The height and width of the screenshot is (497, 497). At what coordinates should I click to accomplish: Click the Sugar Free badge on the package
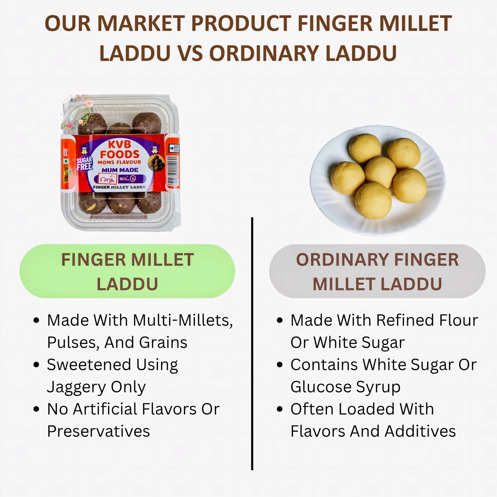click(85, 164)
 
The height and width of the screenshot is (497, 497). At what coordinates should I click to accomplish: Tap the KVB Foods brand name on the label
click(120, 150)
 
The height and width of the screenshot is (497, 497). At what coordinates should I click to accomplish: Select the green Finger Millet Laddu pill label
click(127, 271)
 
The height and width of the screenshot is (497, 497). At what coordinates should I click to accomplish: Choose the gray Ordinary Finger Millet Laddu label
click(377, 271)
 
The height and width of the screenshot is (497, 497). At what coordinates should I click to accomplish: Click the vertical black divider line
click(252, 344)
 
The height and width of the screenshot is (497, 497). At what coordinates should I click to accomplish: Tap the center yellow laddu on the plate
click(381, 172)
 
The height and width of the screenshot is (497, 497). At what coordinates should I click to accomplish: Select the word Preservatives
click(98, 431)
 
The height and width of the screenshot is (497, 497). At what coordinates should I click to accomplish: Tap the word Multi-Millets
click(183, 321)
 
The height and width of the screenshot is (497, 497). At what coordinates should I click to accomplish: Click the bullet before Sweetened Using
click(37, 365)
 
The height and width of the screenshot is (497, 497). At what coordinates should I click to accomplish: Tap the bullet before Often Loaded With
click(280, 409)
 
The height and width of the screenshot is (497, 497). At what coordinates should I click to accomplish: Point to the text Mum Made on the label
click(120, 170)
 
